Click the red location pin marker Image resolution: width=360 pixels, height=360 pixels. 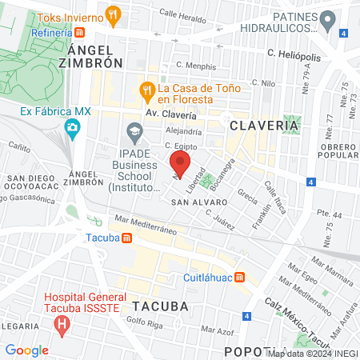(x=180, y=166)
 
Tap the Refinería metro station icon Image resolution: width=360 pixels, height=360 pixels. (x=81, y=33)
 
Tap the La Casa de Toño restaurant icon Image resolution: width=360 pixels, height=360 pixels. (x=146, y=89)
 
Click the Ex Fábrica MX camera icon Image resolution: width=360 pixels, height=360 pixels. (x=73, y=126)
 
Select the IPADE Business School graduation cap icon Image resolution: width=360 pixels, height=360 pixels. (x=134, y=130)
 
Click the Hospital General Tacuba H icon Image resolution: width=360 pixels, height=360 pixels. (x=61, y=324)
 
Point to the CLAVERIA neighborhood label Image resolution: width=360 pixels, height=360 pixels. (x=265, y=125)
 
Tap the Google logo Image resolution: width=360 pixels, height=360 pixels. (x=26, y=350)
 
